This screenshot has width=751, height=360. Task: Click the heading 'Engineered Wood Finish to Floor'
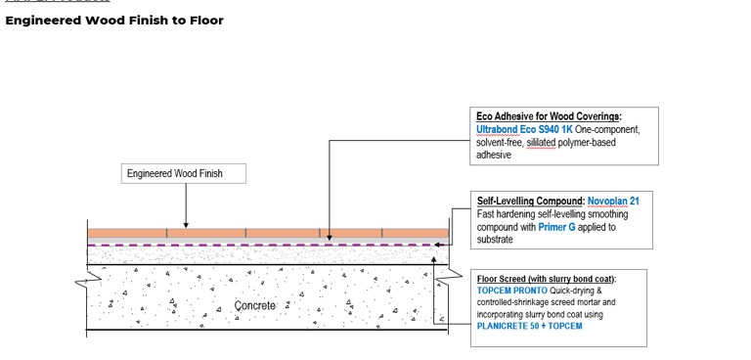click(x=114, y=21)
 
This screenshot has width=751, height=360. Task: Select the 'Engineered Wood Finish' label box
click(x=184, y=174)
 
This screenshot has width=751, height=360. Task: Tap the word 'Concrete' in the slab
click(x=256, y=306)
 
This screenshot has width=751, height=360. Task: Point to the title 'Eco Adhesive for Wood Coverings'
click(x=549, y=116)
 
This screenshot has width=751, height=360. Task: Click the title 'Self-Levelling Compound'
click(x=529, y=202)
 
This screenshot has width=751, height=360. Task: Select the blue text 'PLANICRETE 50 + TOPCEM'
click(x=529, y=327)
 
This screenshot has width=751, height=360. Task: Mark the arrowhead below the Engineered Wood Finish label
click(x=186, y=224)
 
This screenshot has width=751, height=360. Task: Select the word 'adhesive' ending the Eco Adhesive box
click(x=494, y=155)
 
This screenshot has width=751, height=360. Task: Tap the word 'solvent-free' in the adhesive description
click(x=499, y=142)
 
